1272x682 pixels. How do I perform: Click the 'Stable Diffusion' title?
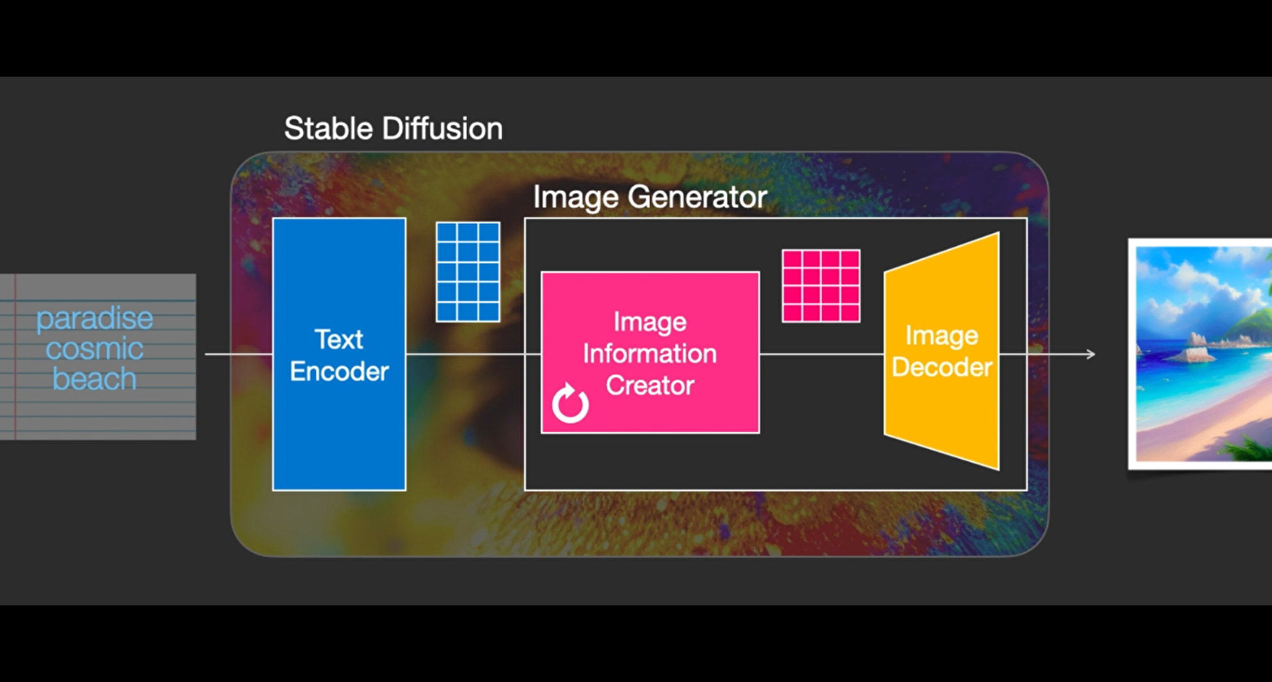tap(393, 129)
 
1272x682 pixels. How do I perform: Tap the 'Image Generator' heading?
tap(650, 197)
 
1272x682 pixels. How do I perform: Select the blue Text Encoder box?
tap(339, 354)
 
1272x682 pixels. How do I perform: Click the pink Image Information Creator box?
tap(650, 352)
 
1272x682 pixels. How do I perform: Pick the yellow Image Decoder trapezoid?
tap(942, 352)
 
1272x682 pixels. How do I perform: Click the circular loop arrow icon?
tap(570, 404)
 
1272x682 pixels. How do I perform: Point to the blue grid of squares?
tap(468, 272)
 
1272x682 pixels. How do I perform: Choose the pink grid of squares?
tap(821, 286)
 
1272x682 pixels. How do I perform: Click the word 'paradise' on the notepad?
tap(95, 319)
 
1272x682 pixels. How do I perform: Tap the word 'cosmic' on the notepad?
tap(95, 349)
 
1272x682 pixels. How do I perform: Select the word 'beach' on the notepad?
tap(95, 379)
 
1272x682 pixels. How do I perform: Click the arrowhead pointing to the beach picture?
tap(1090, 354)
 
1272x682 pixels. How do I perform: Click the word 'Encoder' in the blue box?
tap(339, 372)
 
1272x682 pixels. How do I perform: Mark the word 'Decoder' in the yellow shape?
tap(942, 367)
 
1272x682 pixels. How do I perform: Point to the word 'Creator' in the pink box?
tap(650, 386)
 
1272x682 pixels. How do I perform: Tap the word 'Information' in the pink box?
tap(650, 354)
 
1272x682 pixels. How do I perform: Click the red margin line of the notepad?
tap(15, 357)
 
